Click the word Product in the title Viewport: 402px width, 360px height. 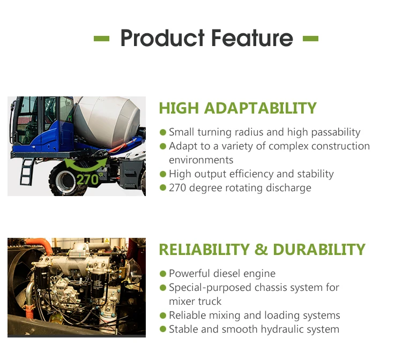tap(162, 38)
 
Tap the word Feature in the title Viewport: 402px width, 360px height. tap(252, 38)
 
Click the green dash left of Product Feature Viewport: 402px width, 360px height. tap(101, 39)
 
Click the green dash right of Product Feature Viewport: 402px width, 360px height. tap(310, 39)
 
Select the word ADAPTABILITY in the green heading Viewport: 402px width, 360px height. tap(260, 108)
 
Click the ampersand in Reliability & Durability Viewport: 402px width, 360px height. tap(261, 250)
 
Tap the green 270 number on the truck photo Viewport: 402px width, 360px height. tap(88, 179)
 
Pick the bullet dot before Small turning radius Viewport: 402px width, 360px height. tap(163, 132)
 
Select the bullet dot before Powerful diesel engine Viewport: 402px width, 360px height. tap(163, 274)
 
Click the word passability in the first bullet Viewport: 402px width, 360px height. tap(336, 132)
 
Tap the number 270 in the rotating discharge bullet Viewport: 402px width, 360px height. tap(177, 188)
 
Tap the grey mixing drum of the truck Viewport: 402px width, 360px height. tap(107, 121)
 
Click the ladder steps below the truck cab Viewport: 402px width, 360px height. tap(27, 171)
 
